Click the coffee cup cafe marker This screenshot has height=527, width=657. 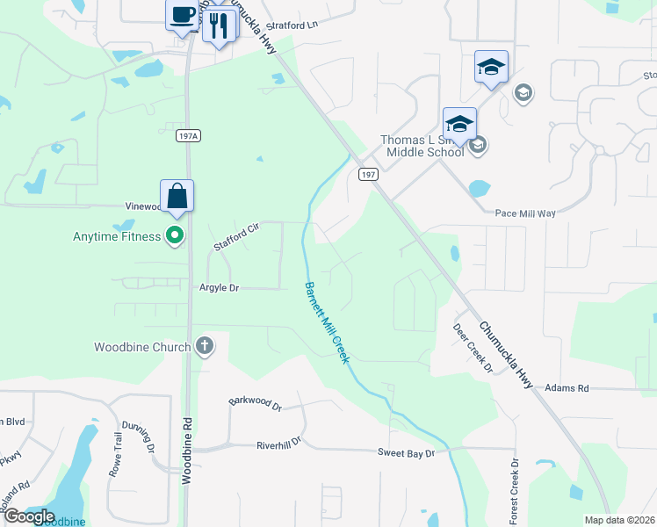click(182, 16)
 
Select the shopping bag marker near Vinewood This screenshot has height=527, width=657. click(177, 196)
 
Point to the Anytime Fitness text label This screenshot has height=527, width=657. click(117, 235)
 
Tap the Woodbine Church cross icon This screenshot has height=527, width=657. click(205, 345)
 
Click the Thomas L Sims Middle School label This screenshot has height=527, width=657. click(422, 146)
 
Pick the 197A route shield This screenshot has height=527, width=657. click(188, 135)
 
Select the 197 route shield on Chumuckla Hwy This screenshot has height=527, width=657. click(367, 174)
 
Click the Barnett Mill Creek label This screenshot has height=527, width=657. click(327, 321)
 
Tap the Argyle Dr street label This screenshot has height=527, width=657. click(220, 287)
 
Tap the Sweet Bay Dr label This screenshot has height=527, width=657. click(407, 452)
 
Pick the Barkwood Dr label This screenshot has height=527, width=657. click(255, 405)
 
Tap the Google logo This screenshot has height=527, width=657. click(30, 516)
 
